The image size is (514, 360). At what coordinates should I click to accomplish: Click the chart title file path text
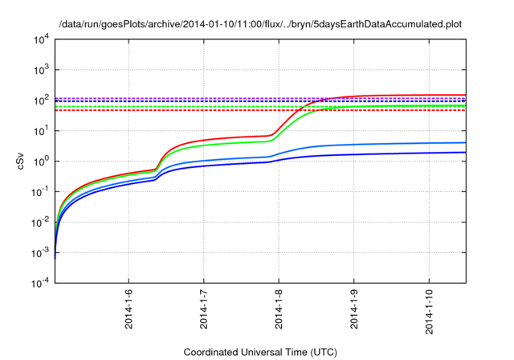[x=260, y=25]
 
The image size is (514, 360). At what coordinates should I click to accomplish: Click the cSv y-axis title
[x=20, y=161]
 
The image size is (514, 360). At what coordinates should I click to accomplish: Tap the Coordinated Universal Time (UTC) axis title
[x=260, y=352]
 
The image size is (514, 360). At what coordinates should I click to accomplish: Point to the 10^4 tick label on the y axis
[x=41, y=40]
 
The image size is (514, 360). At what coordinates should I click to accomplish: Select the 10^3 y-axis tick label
[x=41, y=70]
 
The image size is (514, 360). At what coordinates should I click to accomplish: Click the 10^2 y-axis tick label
[x=41, y=100]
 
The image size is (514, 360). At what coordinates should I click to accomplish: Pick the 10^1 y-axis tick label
[x=41, y=131]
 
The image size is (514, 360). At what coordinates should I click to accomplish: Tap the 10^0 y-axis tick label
[x=41, y=162]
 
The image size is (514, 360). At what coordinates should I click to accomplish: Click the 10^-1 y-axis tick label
[x=40, y=192]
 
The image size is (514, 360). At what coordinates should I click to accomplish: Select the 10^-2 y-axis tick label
[x=40, y=223]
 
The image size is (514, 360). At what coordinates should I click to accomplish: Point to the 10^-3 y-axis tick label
[x=40, y=253]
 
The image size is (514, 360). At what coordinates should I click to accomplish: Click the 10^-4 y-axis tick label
[x=40, y=283]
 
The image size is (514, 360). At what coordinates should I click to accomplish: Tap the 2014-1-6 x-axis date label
[x=128, y=309]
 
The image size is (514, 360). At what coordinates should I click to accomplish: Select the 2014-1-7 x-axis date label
[x=203, y=309]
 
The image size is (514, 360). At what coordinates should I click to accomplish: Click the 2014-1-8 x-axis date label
[x=279, y=309]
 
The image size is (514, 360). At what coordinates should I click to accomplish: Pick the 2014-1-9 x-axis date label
[x=354, y=309]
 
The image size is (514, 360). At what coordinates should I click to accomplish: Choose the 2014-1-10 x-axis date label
[x=429, y=312]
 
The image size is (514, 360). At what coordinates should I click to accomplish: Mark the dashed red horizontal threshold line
[x=260, y=111]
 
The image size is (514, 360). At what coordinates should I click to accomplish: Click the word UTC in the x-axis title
[x=324, y=352]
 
